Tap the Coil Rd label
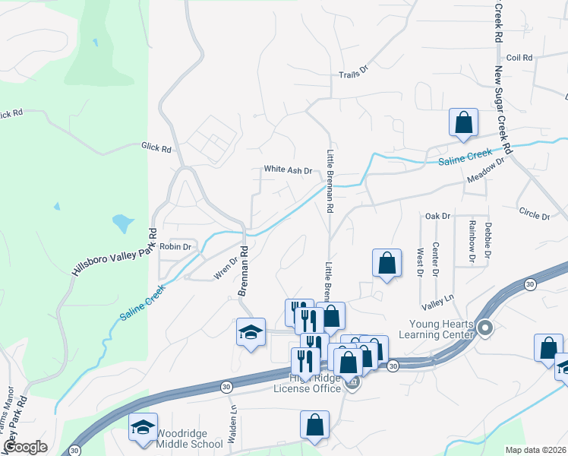tap(520, 58)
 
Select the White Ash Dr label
tap(288, 170)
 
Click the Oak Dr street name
tap(438, 217)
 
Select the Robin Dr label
tap(175, 247)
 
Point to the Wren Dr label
tap(226, 268)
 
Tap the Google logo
tap(25, 447)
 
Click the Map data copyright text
tap(535, 450)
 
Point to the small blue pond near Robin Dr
tap(121, 223)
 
